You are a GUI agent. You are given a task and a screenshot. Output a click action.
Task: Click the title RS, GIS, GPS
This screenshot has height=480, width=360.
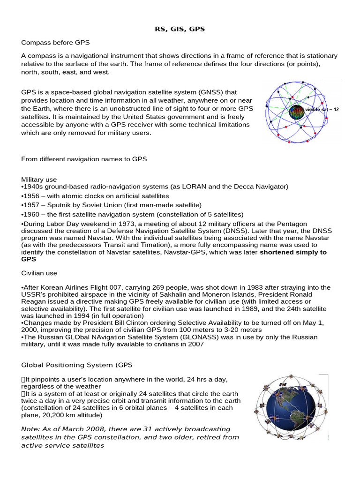pos(180,29)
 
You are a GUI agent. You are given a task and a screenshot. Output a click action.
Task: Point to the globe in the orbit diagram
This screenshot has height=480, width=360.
pos(296,112)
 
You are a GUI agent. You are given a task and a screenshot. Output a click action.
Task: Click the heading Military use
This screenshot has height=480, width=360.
pos(39,180)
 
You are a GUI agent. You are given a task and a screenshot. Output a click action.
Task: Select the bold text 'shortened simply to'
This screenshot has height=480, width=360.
pos(293,252)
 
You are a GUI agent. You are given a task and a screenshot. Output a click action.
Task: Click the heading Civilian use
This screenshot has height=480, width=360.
pos(39,272)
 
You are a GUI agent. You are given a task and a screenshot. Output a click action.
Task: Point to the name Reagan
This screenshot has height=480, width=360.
pos(34,301)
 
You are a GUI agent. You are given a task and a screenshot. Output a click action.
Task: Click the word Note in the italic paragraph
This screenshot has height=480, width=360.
pos(30,429)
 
